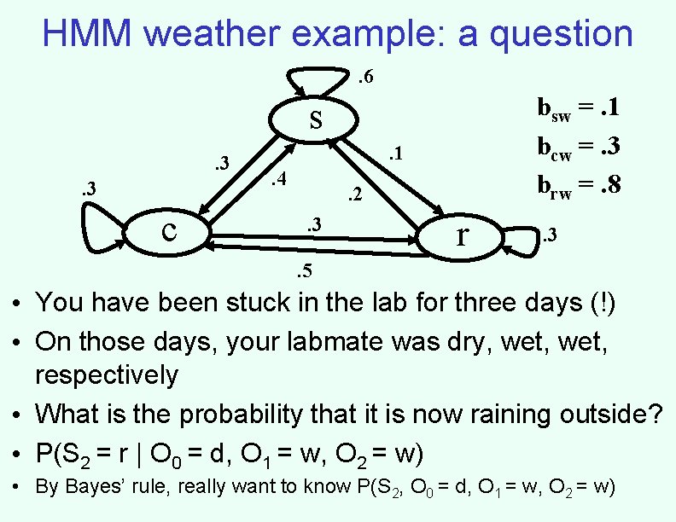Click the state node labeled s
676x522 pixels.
[315, 120]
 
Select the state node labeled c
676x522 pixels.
[169, 230]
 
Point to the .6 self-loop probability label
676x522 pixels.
[364, 78]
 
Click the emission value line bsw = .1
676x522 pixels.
[578, 108]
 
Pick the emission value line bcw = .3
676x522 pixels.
[578, 145]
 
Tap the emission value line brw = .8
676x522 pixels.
[578, 183]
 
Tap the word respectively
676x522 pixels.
[107, 375]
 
